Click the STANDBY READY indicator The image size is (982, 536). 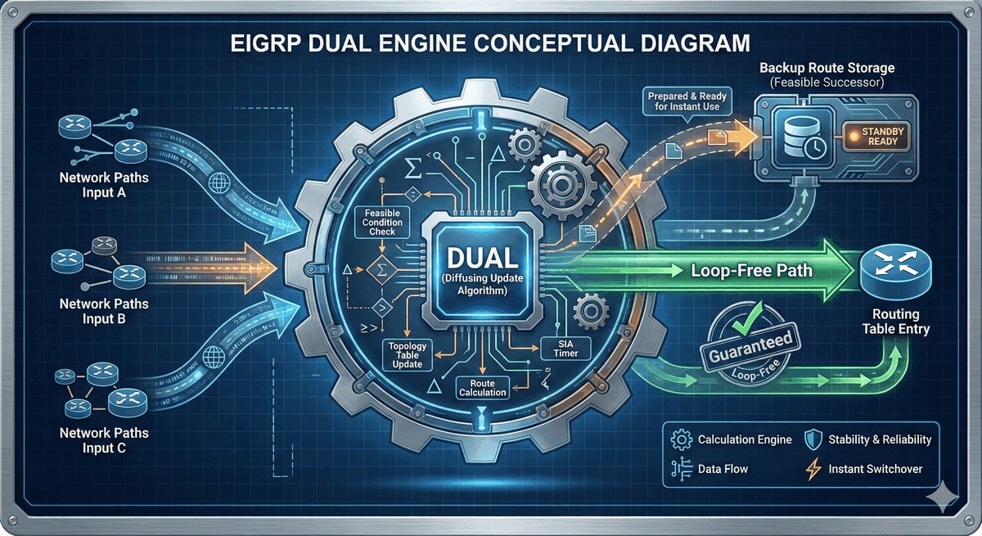click(x=877, y=136)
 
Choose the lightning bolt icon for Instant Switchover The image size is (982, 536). click(x=813, y=469)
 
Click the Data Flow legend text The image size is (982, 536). click(x=723, y=470)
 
